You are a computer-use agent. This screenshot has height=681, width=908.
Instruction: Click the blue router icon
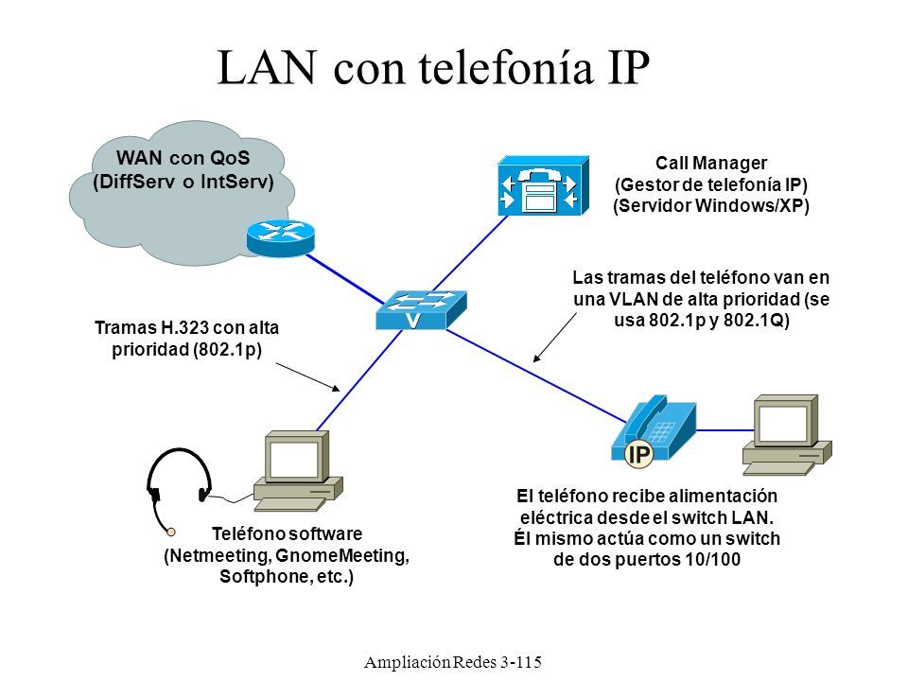[x=281, y=237]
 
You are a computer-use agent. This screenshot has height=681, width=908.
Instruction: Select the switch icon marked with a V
[x=421, y=310]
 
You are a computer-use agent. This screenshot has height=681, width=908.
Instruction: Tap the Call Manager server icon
[x=543, y=186]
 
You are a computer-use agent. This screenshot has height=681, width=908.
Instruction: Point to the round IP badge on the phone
[x=639, y=453]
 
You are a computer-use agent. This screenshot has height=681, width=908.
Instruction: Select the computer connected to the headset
[x=298, y=471]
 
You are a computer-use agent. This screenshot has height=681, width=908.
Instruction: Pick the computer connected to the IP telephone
[x=788, y=435]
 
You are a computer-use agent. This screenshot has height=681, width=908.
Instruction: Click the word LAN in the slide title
[x=268, y=68]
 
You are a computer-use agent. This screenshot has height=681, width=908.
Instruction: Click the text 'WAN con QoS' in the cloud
[x=183, y=158]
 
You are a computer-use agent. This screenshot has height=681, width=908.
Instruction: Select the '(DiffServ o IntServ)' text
[x=183, y=182]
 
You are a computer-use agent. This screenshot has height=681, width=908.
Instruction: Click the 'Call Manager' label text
[x=711, y=164]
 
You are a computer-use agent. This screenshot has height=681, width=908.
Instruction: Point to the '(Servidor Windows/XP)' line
[x=711, y=205]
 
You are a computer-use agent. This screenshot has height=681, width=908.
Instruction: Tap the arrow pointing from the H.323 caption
[x=307, y=377]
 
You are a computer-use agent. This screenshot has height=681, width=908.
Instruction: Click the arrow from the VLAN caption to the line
[x=555, y=338]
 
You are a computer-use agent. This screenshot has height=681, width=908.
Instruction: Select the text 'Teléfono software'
[x=287, y=533]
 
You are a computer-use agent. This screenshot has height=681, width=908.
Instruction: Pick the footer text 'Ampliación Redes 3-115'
[x=453, y=662]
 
